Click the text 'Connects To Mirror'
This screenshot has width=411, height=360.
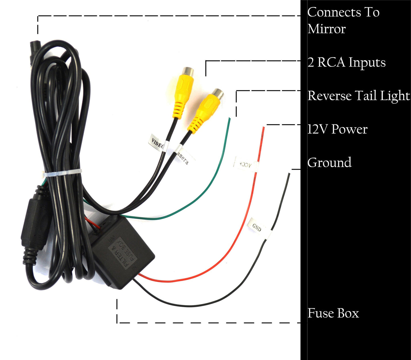[343, 20]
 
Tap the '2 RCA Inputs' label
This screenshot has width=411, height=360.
[346, 62]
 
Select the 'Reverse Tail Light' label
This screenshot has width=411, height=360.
[358, 96]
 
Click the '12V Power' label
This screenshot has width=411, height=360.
[337, 129]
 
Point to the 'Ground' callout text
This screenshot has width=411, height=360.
[329, 163]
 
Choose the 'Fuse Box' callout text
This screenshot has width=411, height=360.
[333, 313]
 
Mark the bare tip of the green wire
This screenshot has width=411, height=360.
[229, 119]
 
